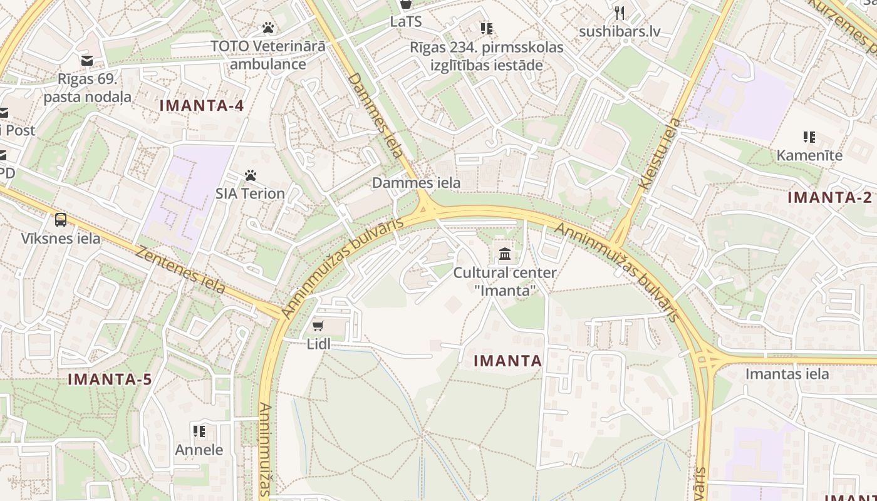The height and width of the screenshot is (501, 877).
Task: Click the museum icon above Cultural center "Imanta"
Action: pos(505,254)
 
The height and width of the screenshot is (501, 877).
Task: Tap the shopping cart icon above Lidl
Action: pos(318,326)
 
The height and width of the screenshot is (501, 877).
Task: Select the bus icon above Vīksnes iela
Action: pos(61,220)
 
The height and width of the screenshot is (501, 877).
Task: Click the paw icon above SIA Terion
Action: pos(251,175)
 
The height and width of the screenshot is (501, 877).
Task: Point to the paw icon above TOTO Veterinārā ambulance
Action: pos(268,28)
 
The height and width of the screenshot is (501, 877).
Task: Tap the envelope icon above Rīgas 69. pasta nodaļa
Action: pos(86,61)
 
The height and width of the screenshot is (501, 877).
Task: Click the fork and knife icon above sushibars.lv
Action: pos(620,13)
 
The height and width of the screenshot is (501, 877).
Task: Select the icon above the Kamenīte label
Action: pos(809,137)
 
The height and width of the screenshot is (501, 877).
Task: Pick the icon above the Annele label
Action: pos(199,431)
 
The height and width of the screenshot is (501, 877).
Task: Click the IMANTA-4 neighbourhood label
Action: pos(202,106)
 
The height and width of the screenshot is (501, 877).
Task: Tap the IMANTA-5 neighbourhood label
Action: pos(110,380)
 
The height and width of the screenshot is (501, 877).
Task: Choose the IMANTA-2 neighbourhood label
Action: pos(829,198)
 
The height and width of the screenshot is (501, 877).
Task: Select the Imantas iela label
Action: pos(787,374)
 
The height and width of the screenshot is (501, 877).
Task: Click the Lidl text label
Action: pos(318,344)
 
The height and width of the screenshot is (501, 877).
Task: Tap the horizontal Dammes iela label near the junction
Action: pos(416,183)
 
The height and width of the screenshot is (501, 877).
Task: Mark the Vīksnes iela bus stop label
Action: pos(61,239)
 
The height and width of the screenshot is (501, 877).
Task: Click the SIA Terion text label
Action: pos(251,194)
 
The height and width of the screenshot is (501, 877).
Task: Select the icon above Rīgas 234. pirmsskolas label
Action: pos(486,28)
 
